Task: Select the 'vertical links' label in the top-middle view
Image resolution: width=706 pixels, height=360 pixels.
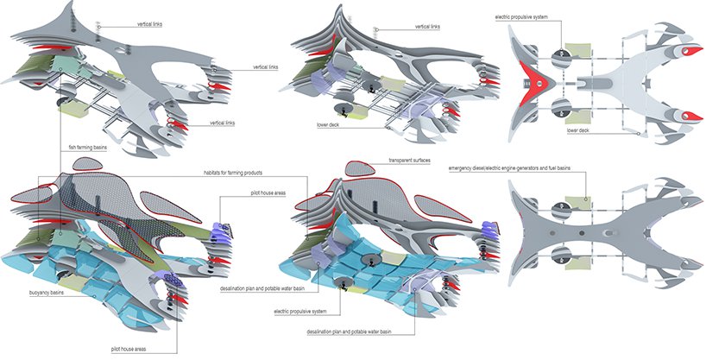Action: click(426, 27)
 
